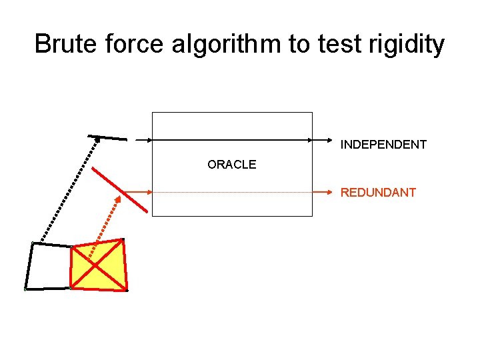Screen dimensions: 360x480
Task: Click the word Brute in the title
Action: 63,45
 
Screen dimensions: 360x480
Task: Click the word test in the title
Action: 338,45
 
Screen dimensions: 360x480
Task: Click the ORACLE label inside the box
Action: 231,165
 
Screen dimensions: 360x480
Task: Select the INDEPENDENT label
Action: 383,145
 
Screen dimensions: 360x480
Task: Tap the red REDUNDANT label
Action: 378,193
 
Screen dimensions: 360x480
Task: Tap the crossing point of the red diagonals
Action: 98,265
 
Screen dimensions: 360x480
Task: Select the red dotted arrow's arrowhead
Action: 117,199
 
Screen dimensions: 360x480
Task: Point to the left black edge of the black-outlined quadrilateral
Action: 29,266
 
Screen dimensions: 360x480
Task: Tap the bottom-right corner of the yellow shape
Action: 126,290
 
